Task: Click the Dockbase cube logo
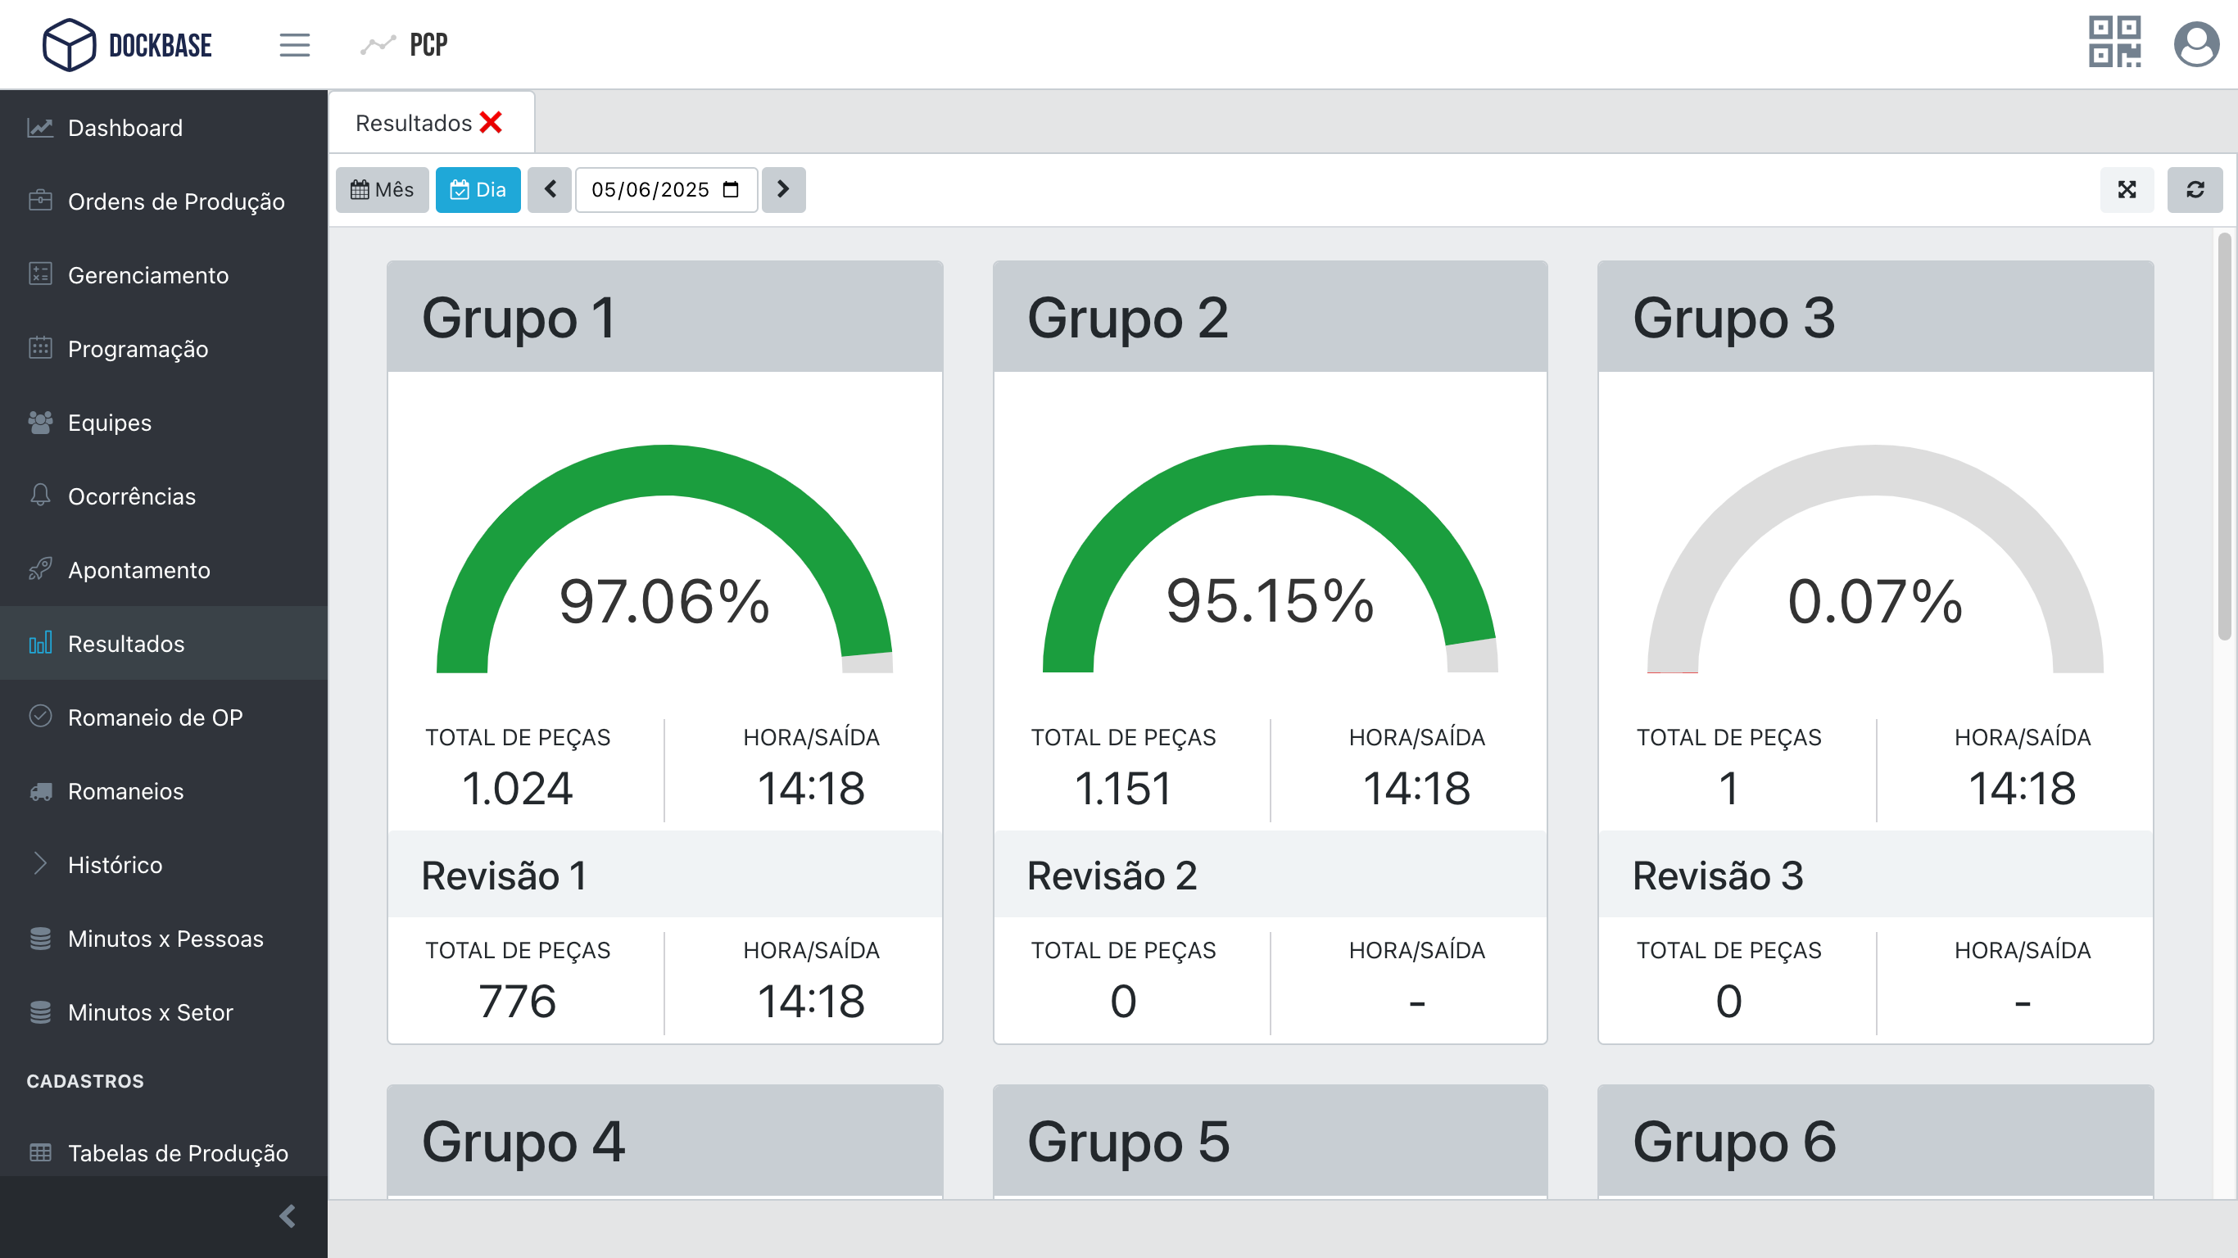[69, 44]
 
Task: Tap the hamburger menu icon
[295, 44]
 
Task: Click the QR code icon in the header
[2113, 42]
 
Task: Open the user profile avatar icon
[2195, 44]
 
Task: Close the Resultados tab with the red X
[491, 123]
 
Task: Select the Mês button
[383, 189]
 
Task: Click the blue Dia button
[478, 189]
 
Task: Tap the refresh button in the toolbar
[2195, 189]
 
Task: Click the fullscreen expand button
[2126, 189]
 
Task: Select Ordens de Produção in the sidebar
[175, 201]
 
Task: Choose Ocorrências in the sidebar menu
[131, 496]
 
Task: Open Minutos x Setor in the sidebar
[150, 1012]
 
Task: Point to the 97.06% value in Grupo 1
[664, 601]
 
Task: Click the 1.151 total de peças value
[1122, 788]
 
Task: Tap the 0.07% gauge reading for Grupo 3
[1875, 601]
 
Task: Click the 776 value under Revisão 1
[517, 1001]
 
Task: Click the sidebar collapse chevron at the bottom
[288, 1215]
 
